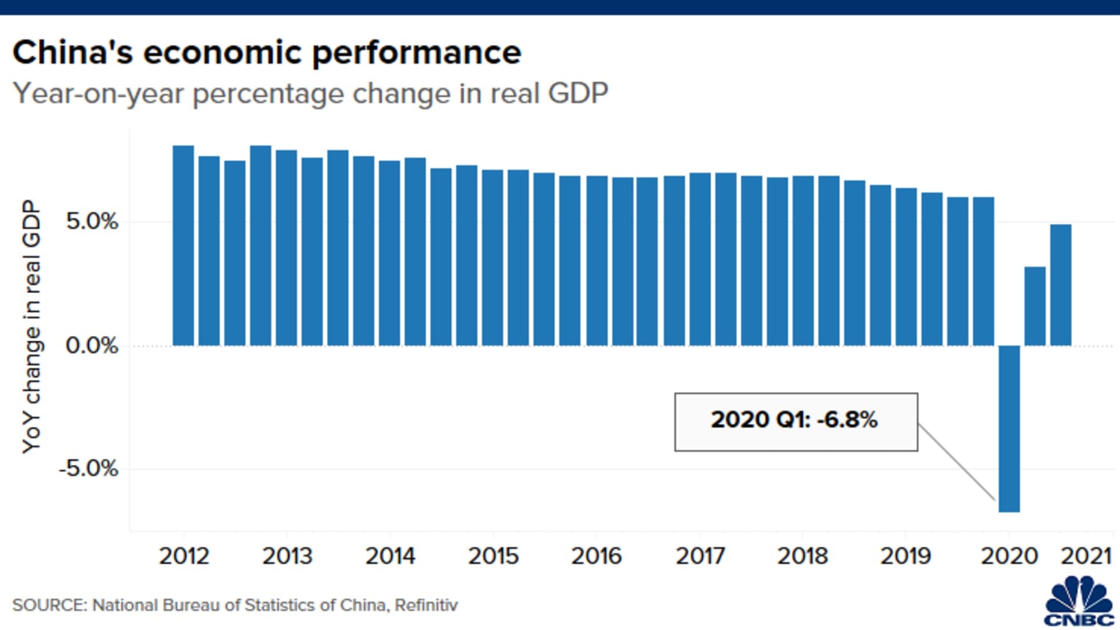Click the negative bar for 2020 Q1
[1009, 428]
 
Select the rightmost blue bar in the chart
[1060, 285]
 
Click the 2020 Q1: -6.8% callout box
[796, 422]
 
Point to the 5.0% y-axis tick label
[92, 222]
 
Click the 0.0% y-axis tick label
[92, 345]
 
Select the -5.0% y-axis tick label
[89, 469]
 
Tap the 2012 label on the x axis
[184, 556]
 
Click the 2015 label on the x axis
[493, 556]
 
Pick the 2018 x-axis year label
[802, 556]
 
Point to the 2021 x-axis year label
[1086, 556]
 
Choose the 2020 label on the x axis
[1009, 556]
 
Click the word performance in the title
[416, 53]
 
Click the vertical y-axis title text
[32, 326]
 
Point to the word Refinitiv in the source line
[426, 605]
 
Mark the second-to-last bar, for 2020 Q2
[1034, 306]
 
